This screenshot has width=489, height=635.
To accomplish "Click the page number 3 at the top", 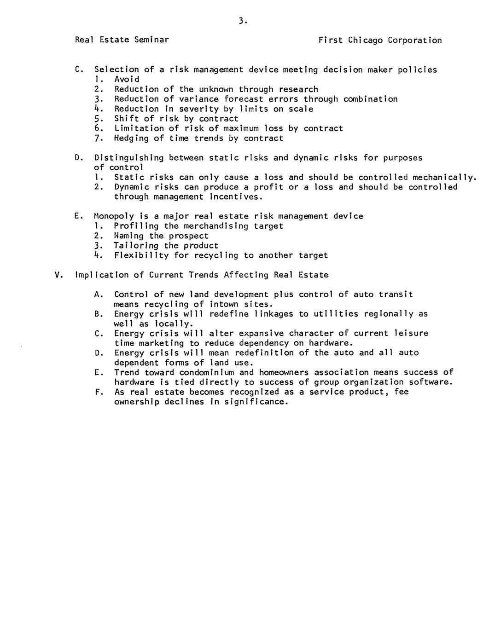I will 242,20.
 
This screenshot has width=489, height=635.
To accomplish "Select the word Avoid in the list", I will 127,79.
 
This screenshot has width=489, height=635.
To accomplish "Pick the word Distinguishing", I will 129,158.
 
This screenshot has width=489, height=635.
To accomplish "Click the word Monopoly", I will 114,216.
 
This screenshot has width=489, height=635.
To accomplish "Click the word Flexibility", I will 141,255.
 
